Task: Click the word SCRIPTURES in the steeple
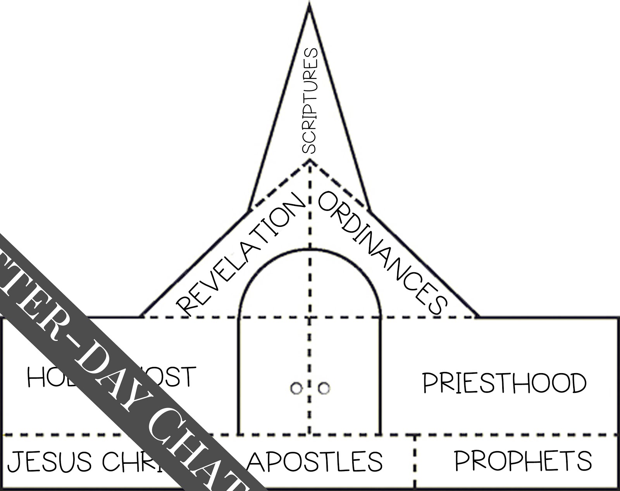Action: [x=310, y=101]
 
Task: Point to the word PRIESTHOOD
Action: [x=504, y=383]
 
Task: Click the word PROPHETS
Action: [x=523, y=461]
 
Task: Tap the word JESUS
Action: [x=50, y=462]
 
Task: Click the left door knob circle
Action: [x=296, y=388]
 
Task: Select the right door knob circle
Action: [x=324, y=388]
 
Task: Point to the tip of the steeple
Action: [x=309, y=5]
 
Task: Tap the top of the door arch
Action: [x=310, y=250]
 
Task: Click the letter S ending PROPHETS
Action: [x=584, y=461]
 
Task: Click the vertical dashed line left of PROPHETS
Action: [x=415, y=462]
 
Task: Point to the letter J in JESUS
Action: [x=14, y=462]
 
